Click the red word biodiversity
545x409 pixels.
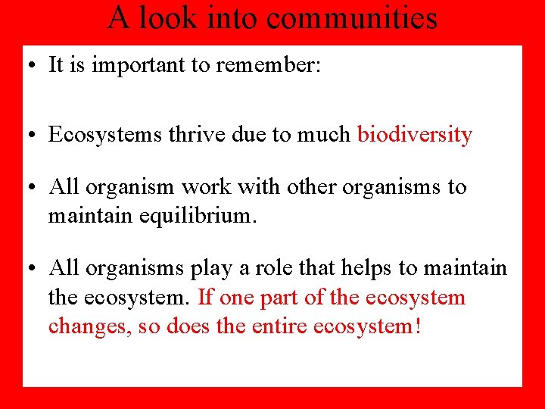415,135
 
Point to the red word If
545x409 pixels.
205,297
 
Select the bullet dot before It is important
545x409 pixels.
35,66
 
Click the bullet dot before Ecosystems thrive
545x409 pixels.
35,136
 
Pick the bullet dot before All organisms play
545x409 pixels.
35,268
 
